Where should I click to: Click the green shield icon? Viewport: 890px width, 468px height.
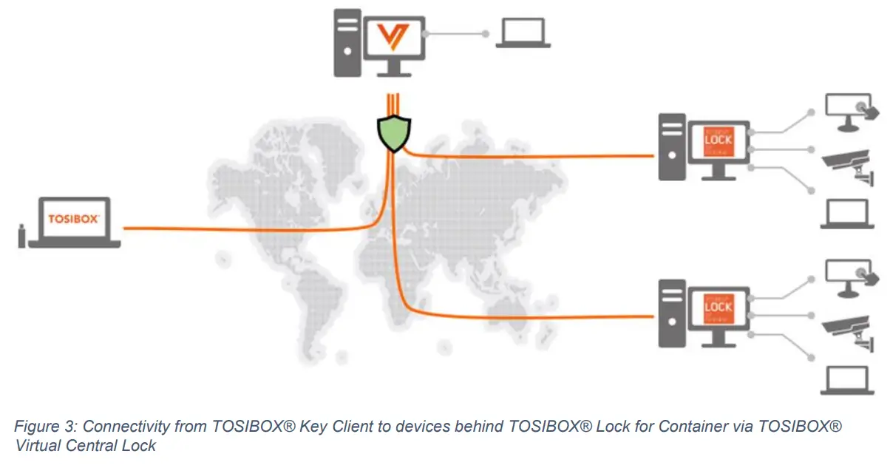coord(393,132)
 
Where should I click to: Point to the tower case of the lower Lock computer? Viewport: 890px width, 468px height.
coord(672,314)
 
